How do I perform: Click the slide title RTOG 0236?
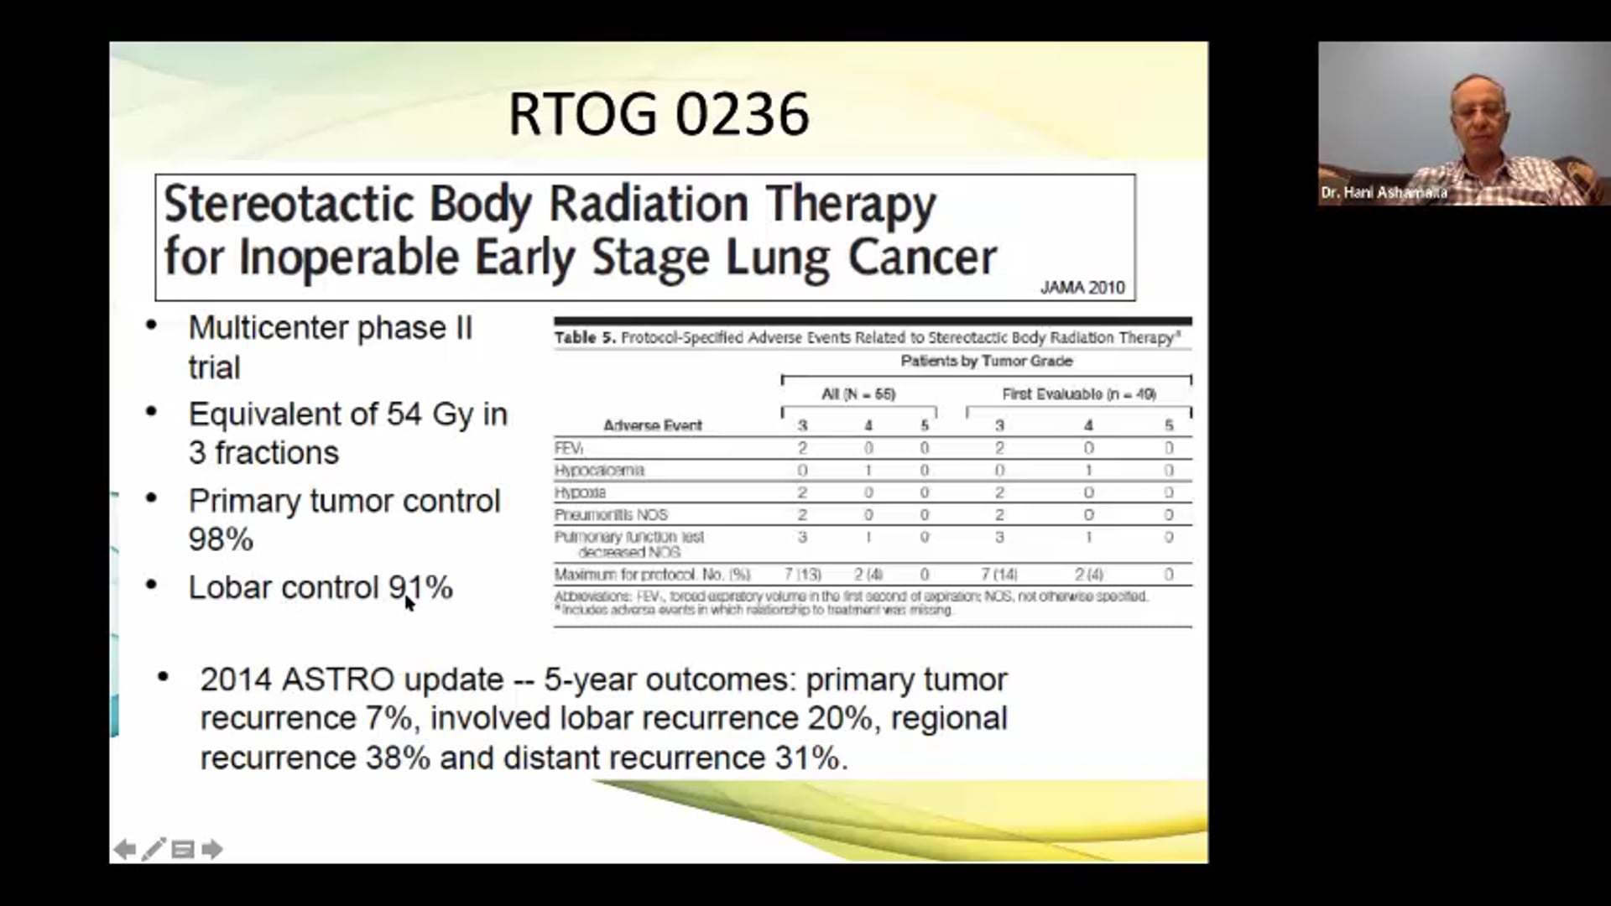tap(659, 114)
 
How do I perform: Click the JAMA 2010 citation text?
tap(1082, 288)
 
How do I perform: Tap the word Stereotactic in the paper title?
tap(289, 204)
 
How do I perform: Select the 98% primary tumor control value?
tap(221, 539)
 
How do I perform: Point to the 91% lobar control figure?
tap(420, 587)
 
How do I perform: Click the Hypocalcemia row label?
tap(599, 470)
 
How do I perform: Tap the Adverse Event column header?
tap(652, 425)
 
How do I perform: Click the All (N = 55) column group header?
tap(858, 393)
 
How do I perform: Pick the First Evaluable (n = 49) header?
tap(1078, 393)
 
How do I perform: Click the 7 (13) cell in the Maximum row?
tap(802, 575)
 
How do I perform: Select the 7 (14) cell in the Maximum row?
tap(998, 575)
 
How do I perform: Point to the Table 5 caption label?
tap(585, 337)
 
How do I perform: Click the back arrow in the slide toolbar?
tap(124, 849)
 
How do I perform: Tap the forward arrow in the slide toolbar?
tap(212, 849)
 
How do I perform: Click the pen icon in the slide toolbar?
tap(154, 849)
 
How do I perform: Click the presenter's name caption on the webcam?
tap(1384, 193)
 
